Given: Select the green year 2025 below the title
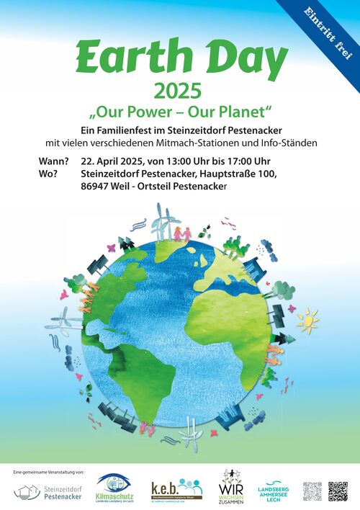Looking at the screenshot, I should (x=180, y=91).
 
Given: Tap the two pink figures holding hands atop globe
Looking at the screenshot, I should (x=181, y=233).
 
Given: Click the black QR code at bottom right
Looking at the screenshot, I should (x=338, y=491).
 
